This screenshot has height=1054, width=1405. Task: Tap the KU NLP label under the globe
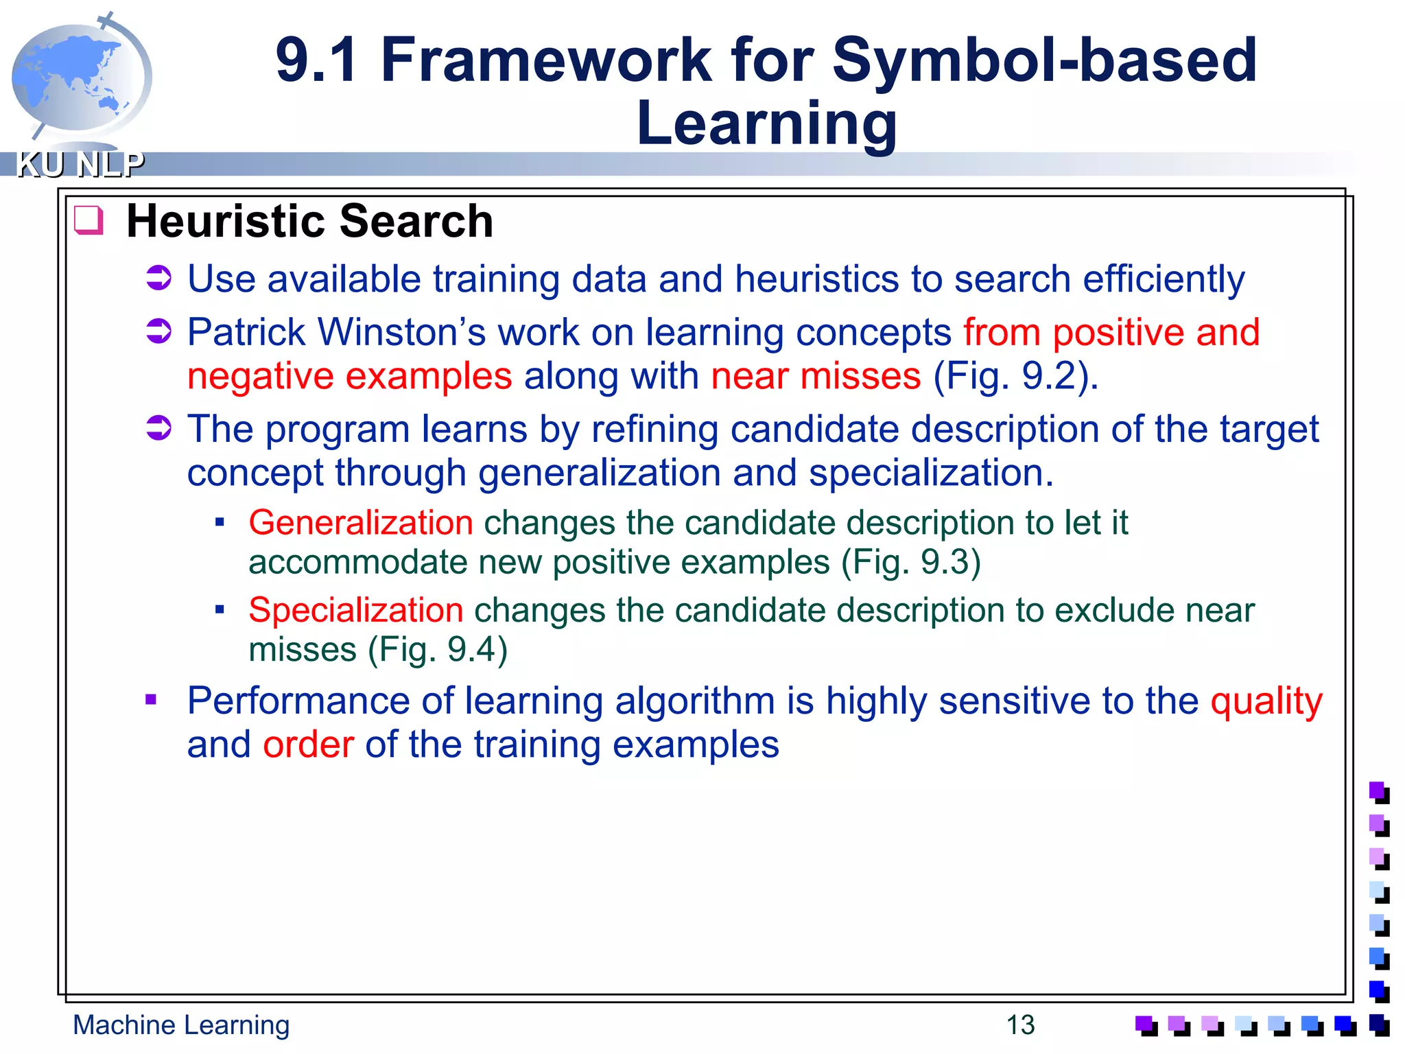80,165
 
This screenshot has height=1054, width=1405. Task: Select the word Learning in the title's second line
766,124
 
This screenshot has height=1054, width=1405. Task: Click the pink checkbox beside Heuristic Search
88,221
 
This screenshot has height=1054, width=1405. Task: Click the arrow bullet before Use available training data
158,279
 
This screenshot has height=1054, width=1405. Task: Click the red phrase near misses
816,377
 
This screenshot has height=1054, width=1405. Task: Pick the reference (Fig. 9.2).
1015,377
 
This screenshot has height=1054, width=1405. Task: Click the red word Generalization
361,523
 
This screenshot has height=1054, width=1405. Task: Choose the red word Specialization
356,610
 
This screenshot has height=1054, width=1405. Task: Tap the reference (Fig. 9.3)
911,563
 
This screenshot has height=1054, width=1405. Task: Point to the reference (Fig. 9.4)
438,650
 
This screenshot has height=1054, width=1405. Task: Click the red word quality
1266,702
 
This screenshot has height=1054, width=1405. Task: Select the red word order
308,745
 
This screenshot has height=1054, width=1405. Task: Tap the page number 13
1020,1025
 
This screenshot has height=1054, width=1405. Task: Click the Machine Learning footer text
181,1025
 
